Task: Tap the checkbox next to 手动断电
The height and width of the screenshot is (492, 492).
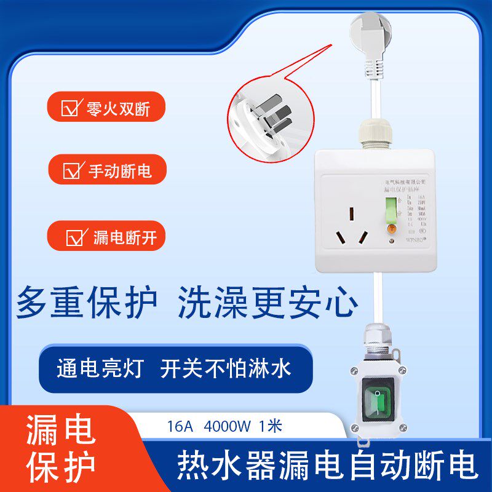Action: click(x=73, y=170)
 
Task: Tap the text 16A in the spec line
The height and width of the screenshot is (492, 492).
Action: click(x=180, y=426)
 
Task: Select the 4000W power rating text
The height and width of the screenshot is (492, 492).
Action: click(x=227, y=426)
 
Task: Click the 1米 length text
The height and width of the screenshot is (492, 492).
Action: click(x=271, y=426)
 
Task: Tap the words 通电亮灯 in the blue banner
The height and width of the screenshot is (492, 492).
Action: click(x=99, y=368)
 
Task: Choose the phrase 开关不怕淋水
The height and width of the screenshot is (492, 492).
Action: click(x=226, y=368)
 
